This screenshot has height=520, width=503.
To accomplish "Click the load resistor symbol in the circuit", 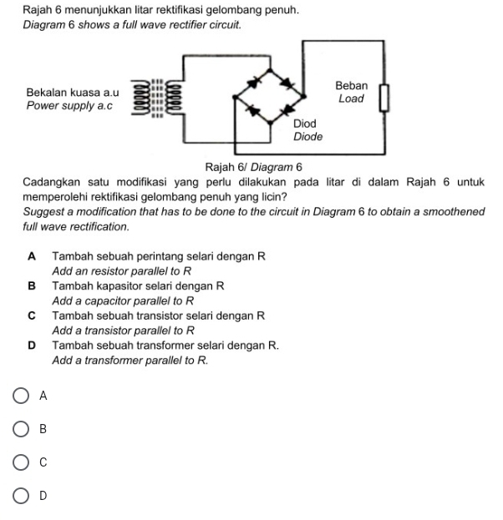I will point(385,98).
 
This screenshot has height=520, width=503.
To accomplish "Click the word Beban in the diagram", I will point(351,86).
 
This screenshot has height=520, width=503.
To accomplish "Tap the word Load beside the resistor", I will point(351,98).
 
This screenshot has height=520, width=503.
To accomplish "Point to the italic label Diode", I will point(307,136).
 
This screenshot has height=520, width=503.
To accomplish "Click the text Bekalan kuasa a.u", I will point(74,93).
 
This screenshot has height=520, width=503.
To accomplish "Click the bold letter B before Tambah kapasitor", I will point(32,285).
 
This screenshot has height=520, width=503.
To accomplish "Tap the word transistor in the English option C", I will point(108,331).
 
